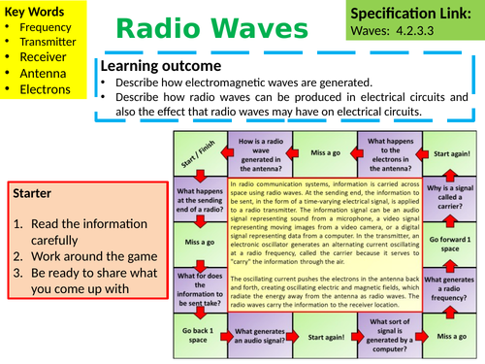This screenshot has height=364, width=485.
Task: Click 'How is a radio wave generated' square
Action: [260, 153]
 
